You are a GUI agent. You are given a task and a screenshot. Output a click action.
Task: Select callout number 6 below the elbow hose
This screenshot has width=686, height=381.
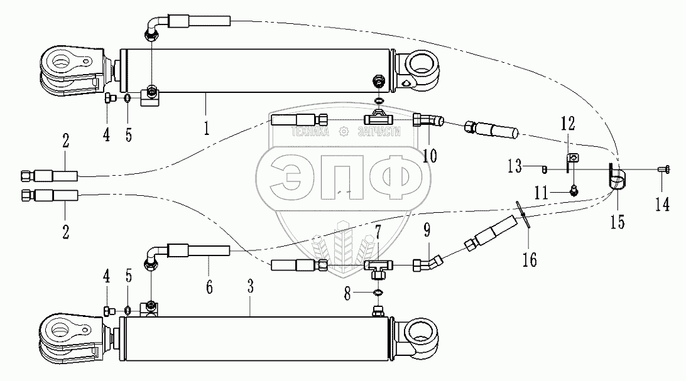(209, 286)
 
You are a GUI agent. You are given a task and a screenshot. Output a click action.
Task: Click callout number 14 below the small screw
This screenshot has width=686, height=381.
(663, 203)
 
